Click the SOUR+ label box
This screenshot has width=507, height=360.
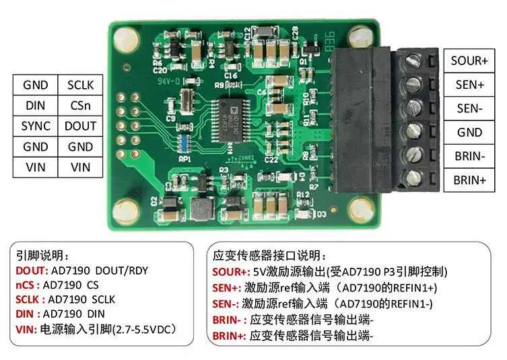pos(469,61)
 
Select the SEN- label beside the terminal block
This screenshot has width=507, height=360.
pos(469,108)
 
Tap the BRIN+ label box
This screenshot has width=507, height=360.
pos(469,180)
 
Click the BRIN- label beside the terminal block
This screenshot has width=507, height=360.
pos(469,156)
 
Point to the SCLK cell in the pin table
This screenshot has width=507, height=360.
pos(80,85)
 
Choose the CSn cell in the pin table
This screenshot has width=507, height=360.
pos(80,106)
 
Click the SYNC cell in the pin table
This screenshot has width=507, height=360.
pos(36,126)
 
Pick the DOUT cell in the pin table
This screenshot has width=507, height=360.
pos(80,126)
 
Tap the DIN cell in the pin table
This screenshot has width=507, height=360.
pos(36,106)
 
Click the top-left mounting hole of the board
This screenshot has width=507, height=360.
pos(124,40)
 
